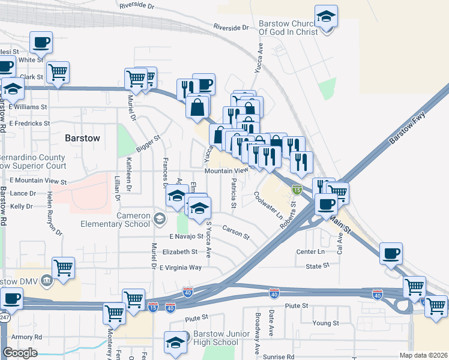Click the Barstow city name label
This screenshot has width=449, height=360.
(x=82, y=138)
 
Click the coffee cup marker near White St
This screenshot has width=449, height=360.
(x=41, y=43)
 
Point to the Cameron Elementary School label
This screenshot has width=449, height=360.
(x=115, y=220)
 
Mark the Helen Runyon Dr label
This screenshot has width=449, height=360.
(x=55, y=219)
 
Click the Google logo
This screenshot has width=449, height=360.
(x=20, y=353)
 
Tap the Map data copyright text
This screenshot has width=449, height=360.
(x=423, y=355)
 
